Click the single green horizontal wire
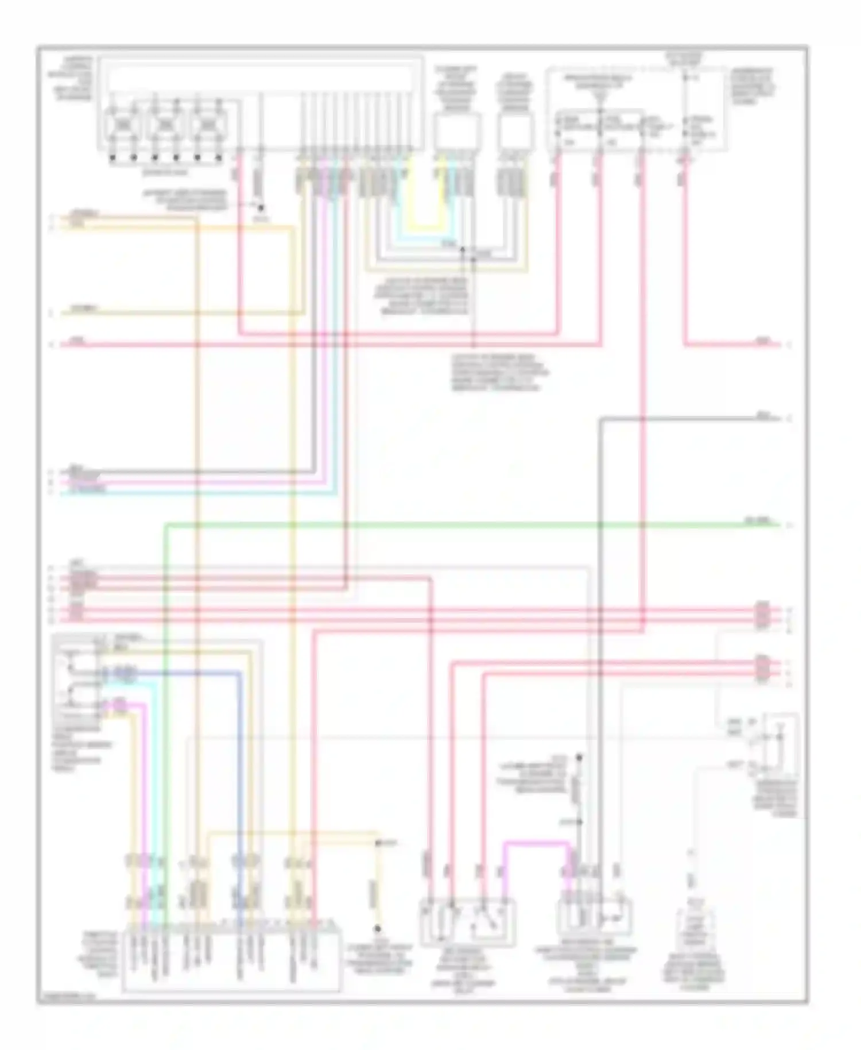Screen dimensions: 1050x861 coord(459,524)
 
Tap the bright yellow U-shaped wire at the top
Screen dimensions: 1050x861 coord(425,223)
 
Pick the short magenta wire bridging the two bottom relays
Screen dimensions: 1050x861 coord(537,844)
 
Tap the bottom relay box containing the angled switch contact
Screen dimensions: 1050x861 coord(468,921)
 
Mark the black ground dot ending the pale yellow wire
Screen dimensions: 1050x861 coord(378,928)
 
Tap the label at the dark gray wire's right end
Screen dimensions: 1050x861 coord(763,415)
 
